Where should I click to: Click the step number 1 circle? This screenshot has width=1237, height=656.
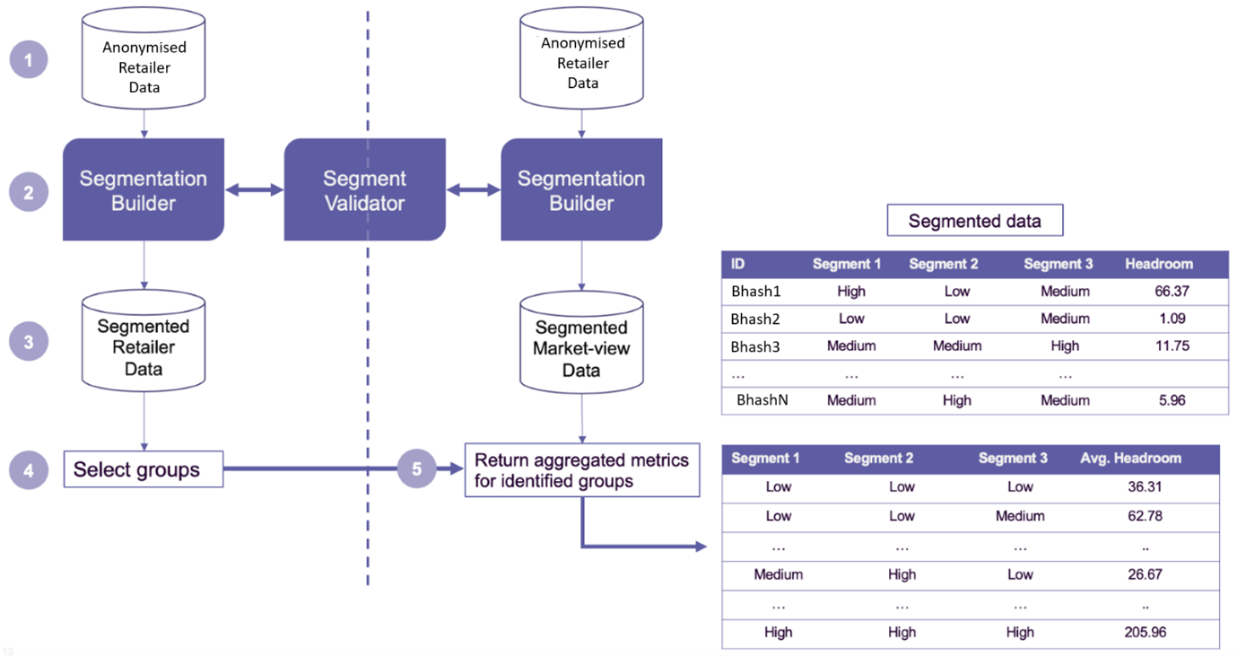pyautogui.click(x=29, y=60)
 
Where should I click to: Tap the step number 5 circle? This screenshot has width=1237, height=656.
pyautogui.click(x=416, y=468)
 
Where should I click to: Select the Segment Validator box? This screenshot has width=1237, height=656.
pyautogui.click(x=364, y=190)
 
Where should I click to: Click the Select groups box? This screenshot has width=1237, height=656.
pyautogui.click(x=143, y=469)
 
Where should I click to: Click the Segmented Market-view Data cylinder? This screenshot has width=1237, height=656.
pyautogui.click(x=581, y=343)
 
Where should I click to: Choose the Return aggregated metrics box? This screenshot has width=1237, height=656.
pyautogui.click(x=581, y=470)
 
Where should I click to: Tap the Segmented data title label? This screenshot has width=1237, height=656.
pyautogui.click(x=974, y=221)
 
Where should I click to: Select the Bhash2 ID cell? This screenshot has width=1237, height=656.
pyautogui.click(x=755, y=319)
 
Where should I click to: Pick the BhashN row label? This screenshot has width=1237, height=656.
pyautogui.click(x=762, y=400)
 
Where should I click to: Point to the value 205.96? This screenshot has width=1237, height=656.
pyautogui.click(x=1145, y=632)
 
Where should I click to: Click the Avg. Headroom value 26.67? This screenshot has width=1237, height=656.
pyautogui.click(x=1145, y=574)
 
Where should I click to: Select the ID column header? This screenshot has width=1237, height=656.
pyautogui.click(x=738, y=264)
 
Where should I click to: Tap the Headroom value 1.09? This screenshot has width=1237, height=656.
pyautogui.click(x=1171, y=319)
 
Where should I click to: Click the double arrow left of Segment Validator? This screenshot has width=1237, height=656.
pyautogui.click(x=254, y=189)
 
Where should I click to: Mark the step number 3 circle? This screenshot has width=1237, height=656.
pyautogui.click(x=29, y=342)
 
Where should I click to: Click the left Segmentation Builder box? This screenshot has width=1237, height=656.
pyautogui.click(x=143, y=190)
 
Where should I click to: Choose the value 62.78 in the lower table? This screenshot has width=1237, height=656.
pyautogui.click(x=1145, y=516)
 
